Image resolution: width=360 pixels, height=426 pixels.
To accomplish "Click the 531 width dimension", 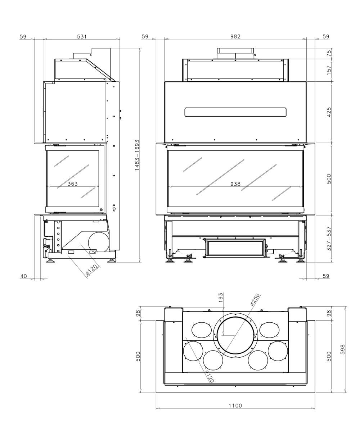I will (82, 36).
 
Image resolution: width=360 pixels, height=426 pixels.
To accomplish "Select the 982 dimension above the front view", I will (235, 36).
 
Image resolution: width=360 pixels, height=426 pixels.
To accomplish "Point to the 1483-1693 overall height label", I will (137, 155).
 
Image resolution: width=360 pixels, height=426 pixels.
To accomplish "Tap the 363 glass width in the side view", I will (72, 184).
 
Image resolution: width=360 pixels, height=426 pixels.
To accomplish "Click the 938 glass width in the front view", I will (235, 184).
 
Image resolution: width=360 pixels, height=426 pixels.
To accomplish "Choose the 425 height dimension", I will (329, 112).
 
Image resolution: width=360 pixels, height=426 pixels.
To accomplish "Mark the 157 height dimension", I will (329, 70).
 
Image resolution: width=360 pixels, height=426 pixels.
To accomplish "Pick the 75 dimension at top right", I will (329, 53).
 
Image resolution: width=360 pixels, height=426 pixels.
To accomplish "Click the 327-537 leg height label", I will (329, 239).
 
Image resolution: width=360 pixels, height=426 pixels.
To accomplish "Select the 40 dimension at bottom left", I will (23, 276).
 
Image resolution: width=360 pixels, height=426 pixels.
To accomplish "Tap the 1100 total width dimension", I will (235, 405).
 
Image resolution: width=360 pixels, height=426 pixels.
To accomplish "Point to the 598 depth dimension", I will (342, 349).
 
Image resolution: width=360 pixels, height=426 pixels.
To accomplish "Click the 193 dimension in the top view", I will (221, 297).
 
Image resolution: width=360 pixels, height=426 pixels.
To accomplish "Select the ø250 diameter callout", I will (255, 299).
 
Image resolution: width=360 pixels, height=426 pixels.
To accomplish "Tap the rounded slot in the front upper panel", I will (235, 112).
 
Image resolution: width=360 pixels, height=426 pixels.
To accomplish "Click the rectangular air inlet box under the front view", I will (235, 248).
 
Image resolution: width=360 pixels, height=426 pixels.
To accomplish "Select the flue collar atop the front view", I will (235, 53).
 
